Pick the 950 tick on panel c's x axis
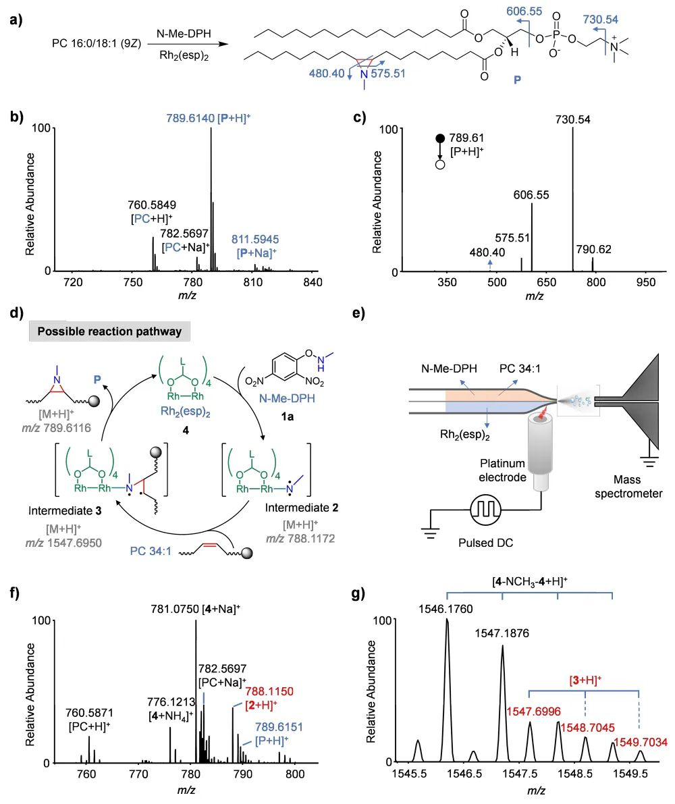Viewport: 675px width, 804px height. tap(645, 283)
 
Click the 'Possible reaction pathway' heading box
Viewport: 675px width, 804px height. tap(110, 331)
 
